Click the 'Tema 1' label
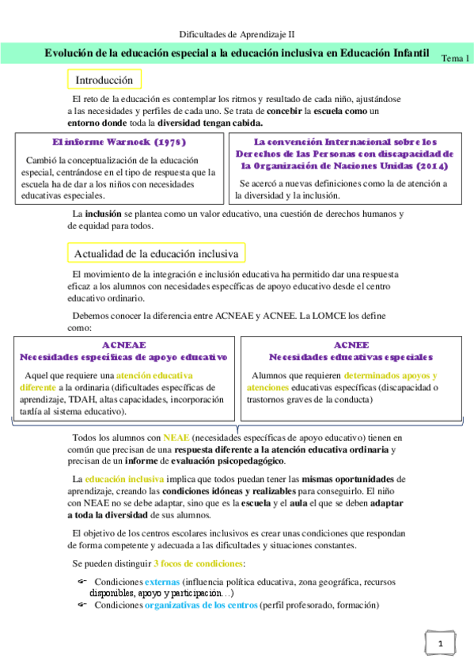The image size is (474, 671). tap(454, 59)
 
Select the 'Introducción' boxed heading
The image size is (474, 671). tap(104, 80)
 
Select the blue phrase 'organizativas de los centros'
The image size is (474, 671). tap(200, 605)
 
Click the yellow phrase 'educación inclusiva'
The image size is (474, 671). tap(124, 480)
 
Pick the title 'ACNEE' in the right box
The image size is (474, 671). tap(351, 346)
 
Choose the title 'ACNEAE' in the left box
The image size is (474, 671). tap(123, 346)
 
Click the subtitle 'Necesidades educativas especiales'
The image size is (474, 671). tap(351, 358)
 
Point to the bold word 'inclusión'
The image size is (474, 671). tap(103, 214)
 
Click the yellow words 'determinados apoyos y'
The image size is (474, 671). tap(391, 375)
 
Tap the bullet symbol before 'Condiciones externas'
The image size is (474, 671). tap(82, 582)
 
